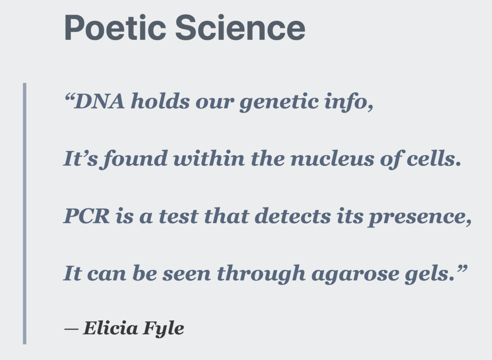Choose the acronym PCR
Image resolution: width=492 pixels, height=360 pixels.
coord(87,216)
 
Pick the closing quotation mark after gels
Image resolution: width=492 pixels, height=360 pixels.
coord(462,269)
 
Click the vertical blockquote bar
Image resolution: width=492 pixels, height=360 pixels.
coord(25,213)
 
